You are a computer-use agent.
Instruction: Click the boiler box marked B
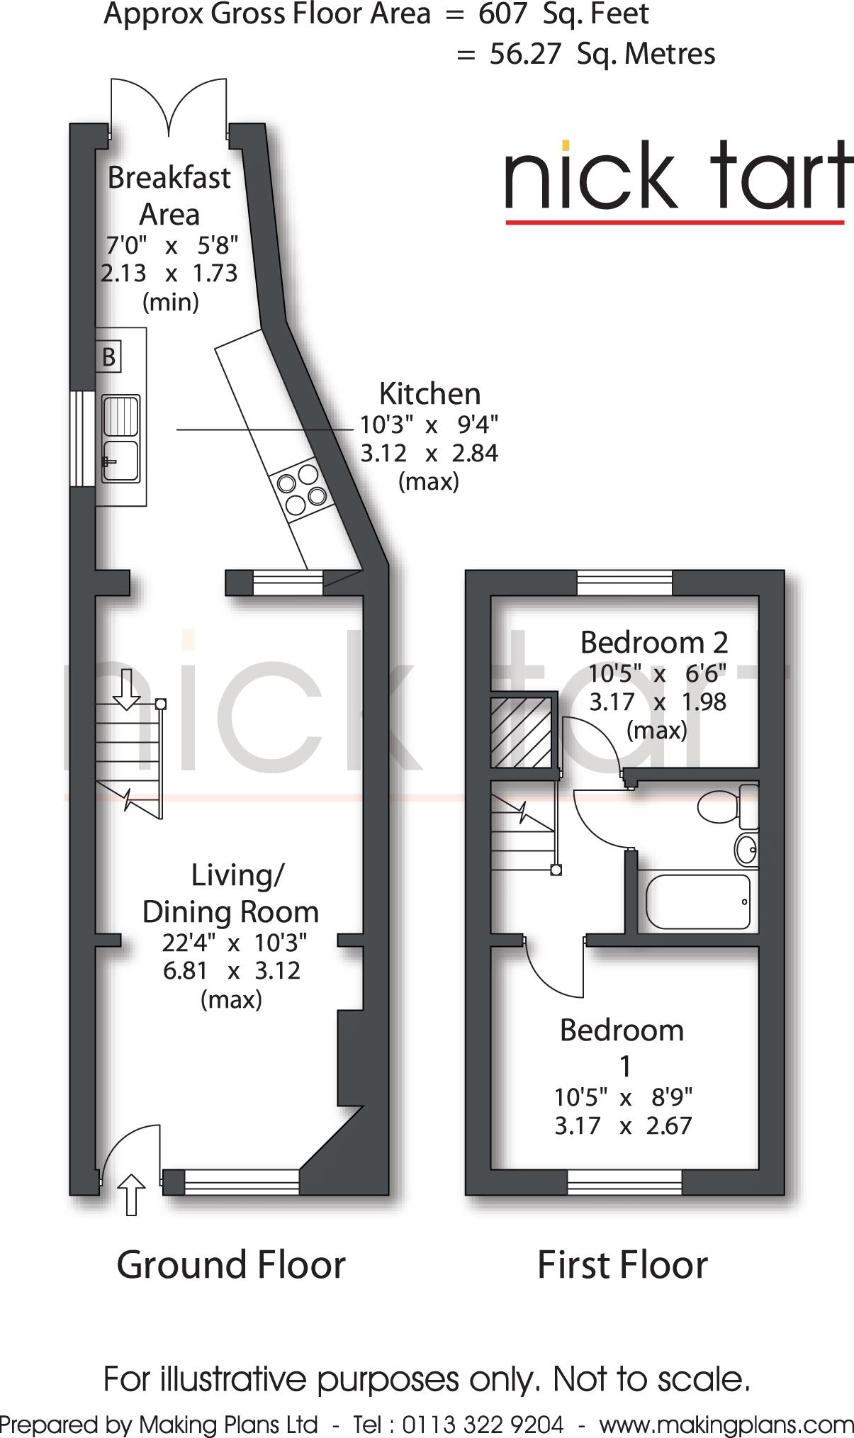pyautogui.click(x=108, y=356)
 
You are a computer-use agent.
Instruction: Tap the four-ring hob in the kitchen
pyautogui.click(x=302, y=488)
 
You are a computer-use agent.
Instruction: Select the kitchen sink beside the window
pyautogui.click(x=121, y=439)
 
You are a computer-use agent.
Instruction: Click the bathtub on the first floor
pyautogui.click(x=698, y=901)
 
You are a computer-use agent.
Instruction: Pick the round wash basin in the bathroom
pyautogui.click(x=746, y=849)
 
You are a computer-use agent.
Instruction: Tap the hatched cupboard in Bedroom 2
pyautogui.click(x=521, y=733)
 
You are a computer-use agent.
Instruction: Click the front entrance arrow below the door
pyautogui.click(x=131, y=1194)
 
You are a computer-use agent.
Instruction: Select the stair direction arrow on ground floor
pyautogui.click(x=127, y=689)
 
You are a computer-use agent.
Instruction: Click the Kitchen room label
pyautogui.click(x=429, y=393)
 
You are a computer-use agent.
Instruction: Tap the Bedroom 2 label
pyautogui.click(x=654, y=642)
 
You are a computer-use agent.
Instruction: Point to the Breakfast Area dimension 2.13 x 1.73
pyautogui.click(x=169, y=273)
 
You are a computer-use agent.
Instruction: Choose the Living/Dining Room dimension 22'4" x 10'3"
pyautogui.click(x=235, y=943)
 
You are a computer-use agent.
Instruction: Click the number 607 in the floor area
pyautogui.click(x=502, y=14)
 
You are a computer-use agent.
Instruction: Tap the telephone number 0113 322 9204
pyautogui.click(x=483, y=1424)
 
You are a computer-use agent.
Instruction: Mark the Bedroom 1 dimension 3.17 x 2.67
pyautogui.click(x=623, y=1125)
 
